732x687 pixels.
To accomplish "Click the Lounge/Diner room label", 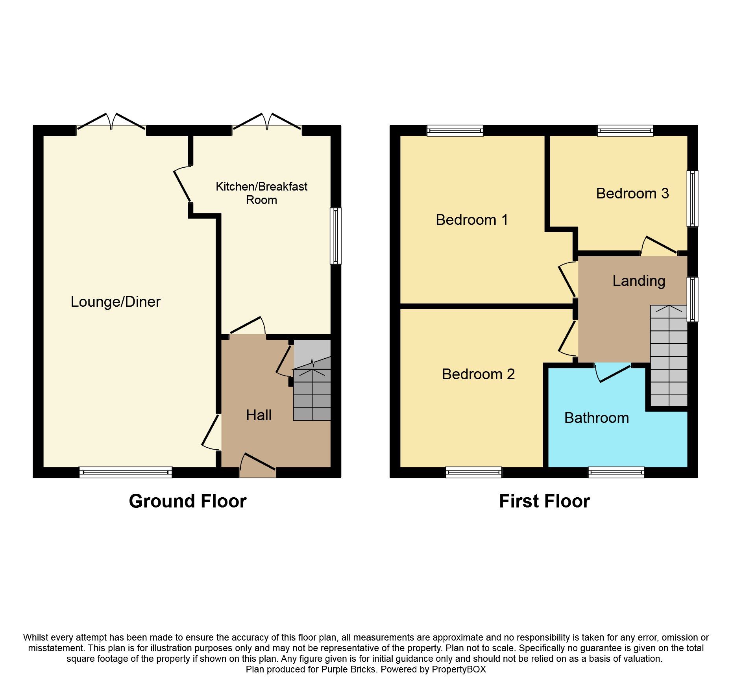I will coord(115,302).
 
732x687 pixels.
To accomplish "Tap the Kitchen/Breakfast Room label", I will coord(261,193).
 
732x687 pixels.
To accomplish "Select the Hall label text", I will coord(259,415).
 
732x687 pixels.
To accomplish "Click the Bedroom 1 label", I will coord(471,220).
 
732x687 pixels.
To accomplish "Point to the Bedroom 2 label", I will coord(478,374).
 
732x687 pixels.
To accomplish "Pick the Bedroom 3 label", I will coord(632,193).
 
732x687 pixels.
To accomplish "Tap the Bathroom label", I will coord(596,418).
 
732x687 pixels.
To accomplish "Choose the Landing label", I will coord(638,281).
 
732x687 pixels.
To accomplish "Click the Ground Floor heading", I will coord(188,501).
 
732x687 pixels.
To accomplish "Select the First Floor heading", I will coord(544,501).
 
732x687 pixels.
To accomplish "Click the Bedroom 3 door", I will coord(660,246).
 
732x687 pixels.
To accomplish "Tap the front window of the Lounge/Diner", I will coord(126,472).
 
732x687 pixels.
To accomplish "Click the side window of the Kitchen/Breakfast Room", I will coord(336,236).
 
